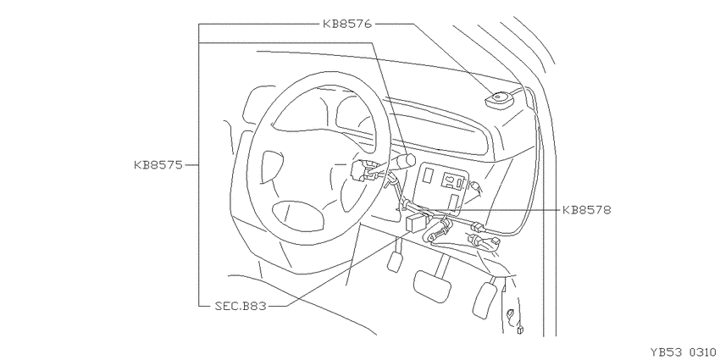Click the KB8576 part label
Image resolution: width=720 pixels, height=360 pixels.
(x=347, y=24)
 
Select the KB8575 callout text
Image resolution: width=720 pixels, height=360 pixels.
(x=158, y=165)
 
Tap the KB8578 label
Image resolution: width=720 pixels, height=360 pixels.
(x=587, y=210)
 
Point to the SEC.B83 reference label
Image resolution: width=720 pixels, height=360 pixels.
(x=241, y=306)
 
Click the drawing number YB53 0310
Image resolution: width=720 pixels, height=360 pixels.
(x=683, y=352)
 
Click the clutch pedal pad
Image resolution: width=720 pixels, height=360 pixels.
(x=395, y=262)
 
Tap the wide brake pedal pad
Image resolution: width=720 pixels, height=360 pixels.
(x=432, y=286)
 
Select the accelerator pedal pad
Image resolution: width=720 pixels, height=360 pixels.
(x=485, y=301)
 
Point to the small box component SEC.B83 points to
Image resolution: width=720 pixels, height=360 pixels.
(x=417, y=223)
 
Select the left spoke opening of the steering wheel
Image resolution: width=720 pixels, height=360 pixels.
(x=270, y=165)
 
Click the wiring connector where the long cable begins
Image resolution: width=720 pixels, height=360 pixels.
(x=478, y=226)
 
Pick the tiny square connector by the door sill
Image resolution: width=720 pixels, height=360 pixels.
(x=520, y=330)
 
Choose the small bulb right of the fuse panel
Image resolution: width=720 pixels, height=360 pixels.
(x=475, y=186)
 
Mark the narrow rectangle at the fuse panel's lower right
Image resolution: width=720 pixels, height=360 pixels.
(x=454, y=202)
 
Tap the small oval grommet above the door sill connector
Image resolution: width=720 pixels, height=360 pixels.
(x=510, y=315)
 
